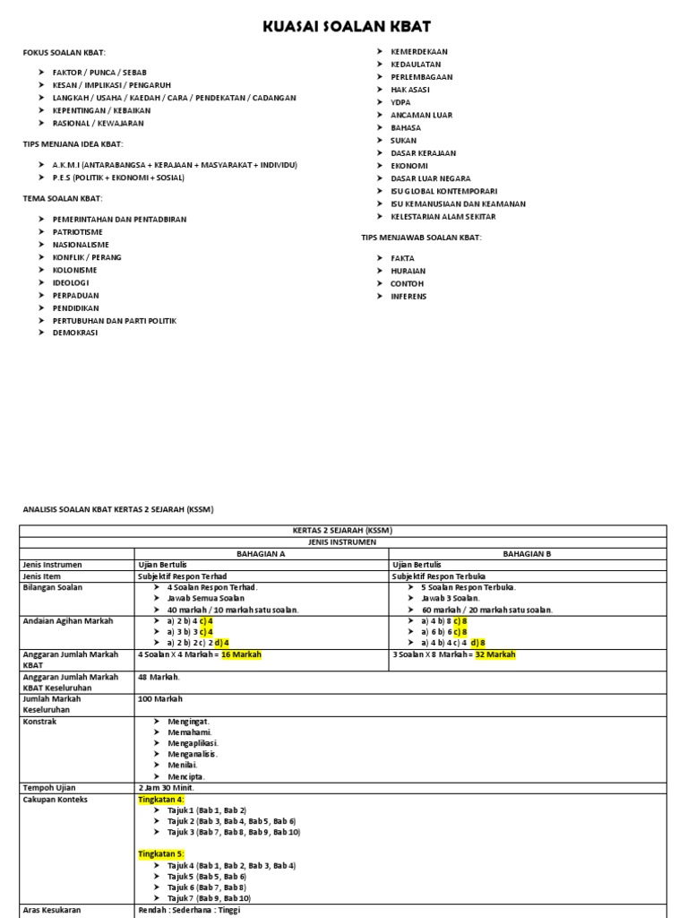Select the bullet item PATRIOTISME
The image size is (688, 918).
click(x=78, y=231)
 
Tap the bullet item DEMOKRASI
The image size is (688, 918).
click(x=75, y=333)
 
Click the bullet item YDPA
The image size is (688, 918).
click(x=400, y=102)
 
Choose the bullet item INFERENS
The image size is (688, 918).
click(x=408, y=296)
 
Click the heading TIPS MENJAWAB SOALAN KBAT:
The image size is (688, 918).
click(x=421, y=237)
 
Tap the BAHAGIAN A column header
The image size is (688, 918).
click(x=261, y=554)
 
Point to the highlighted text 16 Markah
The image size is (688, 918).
click(x=241, y=654)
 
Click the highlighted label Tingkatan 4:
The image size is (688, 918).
click(x=161, y=799)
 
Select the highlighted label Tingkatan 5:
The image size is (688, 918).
click(x=161, y=853)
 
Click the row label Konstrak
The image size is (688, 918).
click(x=39, y=721)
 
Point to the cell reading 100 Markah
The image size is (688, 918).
click(x=160, y=699)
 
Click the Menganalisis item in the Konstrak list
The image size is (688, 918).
click(x=193, y=754)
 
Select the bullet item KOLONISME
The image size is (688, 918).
click(x=74, y=269)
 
